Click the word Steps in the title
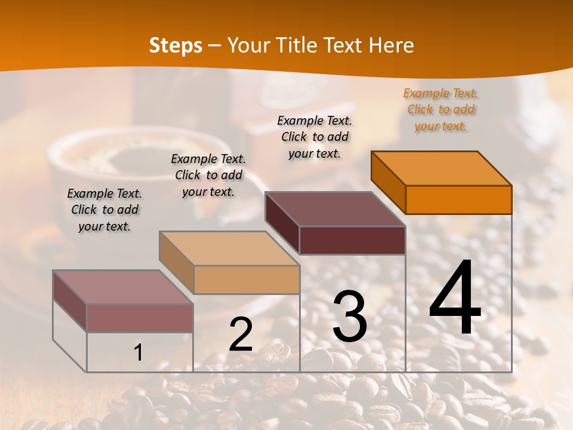(x=175, y=45)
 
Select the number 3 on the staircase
(x=350, y=317)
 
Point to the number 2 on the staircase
(x=241, y=335)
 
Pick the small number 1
(x=138, y=353)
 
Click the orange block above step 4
(x=458, y=199)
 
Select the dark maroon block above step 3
(x=352, y=240)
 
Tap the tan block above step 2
(x=247, y=279)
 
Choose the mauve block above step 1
(x=140, y=318)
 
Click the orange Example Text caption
(x=440, y=109)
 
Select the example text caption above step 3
(x=315, y=137)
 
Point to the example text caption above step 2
(x=208, y=175)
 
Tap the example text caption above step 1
(x=104, y=210)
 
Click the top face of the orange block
(x=442, y=168)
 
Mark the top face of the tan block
(x=229, y=248)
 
